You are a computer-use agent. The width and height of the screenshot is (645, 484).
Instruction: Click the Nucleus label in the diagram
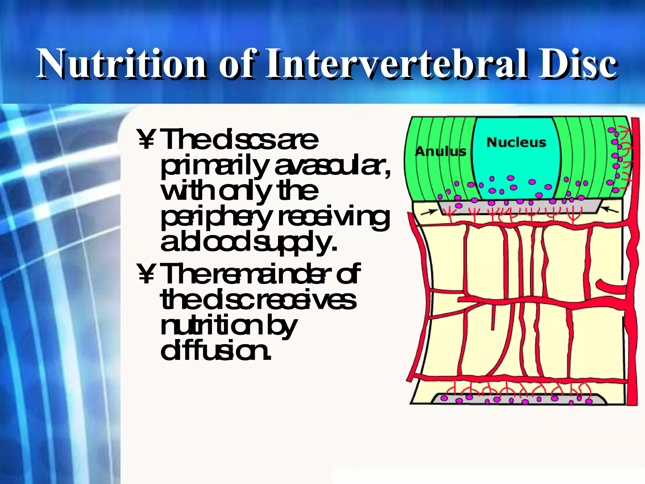516,142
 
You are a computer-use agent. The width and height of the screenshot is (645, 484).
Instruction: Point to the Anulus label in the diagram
440,152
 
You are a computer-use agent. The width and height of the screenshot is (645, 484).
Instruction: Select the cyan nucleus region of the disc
517,164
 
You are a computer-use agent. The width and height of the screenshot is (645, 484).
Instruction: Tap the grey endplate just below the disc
520,208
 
